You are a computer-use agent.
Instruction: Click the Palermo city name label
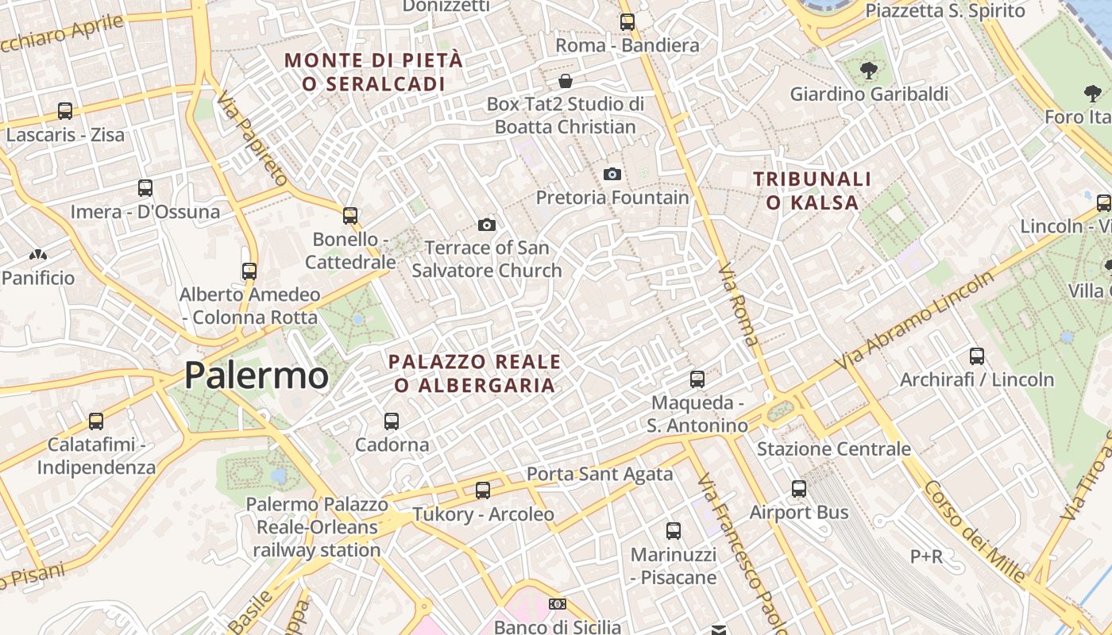pyautogui.click(x=256, y=375)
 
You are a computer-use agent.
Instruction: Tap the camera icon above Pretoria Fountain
pyautogui.click(x=612, y=174)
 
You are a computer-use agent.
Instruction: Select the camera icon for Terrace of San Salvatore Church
pyautogui.click(x=487, y=225)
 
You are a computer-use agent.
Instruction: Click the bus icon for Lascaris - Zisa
pyautogui.click(x=65, y=111)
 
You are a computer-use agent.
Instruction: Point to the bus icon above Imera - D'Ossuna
pyautogui.click(x=145, y=188)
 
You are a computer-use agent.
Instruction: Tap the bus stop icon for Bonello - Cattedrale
pyautogui.click(x=350, y=215)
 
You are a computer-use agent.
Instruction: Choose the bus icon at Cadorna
pyautogui.click(x=392, y=421)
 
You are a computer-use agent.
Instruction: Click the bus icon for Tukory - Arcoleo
pyautogui.click(x=483, y=491)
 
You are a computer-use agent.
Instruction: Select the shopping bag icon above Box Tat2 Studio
pyautogui.click(x=566, y=81)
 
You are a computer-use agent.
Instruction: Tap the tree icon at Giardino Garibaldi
pyautogui.click(x=869, y=71)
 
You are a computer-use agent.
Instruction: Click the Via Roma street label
pyautogui.click(x=738, y=306)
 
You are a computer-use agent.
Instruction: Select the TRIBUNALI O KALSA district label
pyautogui.click(x=813, y=190)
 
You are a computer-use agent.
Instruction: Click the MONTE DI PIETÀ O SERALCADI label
pyautogui.click(x=373, y=71)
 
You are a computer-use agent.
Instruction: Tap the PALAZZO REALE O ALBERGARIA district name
pyautogui.click(x=475, y=373)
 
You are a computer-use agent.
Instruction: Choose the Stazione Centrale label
pyautogui.click(x=833, y=449)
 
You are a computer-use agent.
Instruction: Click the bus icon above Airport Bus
pyautogui.click(x=799, y=489)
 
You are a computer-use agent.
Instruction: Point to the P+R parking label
pyautogui.click(x=926, y=556)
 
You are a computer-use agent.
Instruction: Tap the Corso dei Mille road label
pyautogui.click(x=974, y=531)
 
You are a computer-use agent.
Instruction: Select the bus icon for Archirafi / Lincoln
pyautogui.click(x=977, y=356)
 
